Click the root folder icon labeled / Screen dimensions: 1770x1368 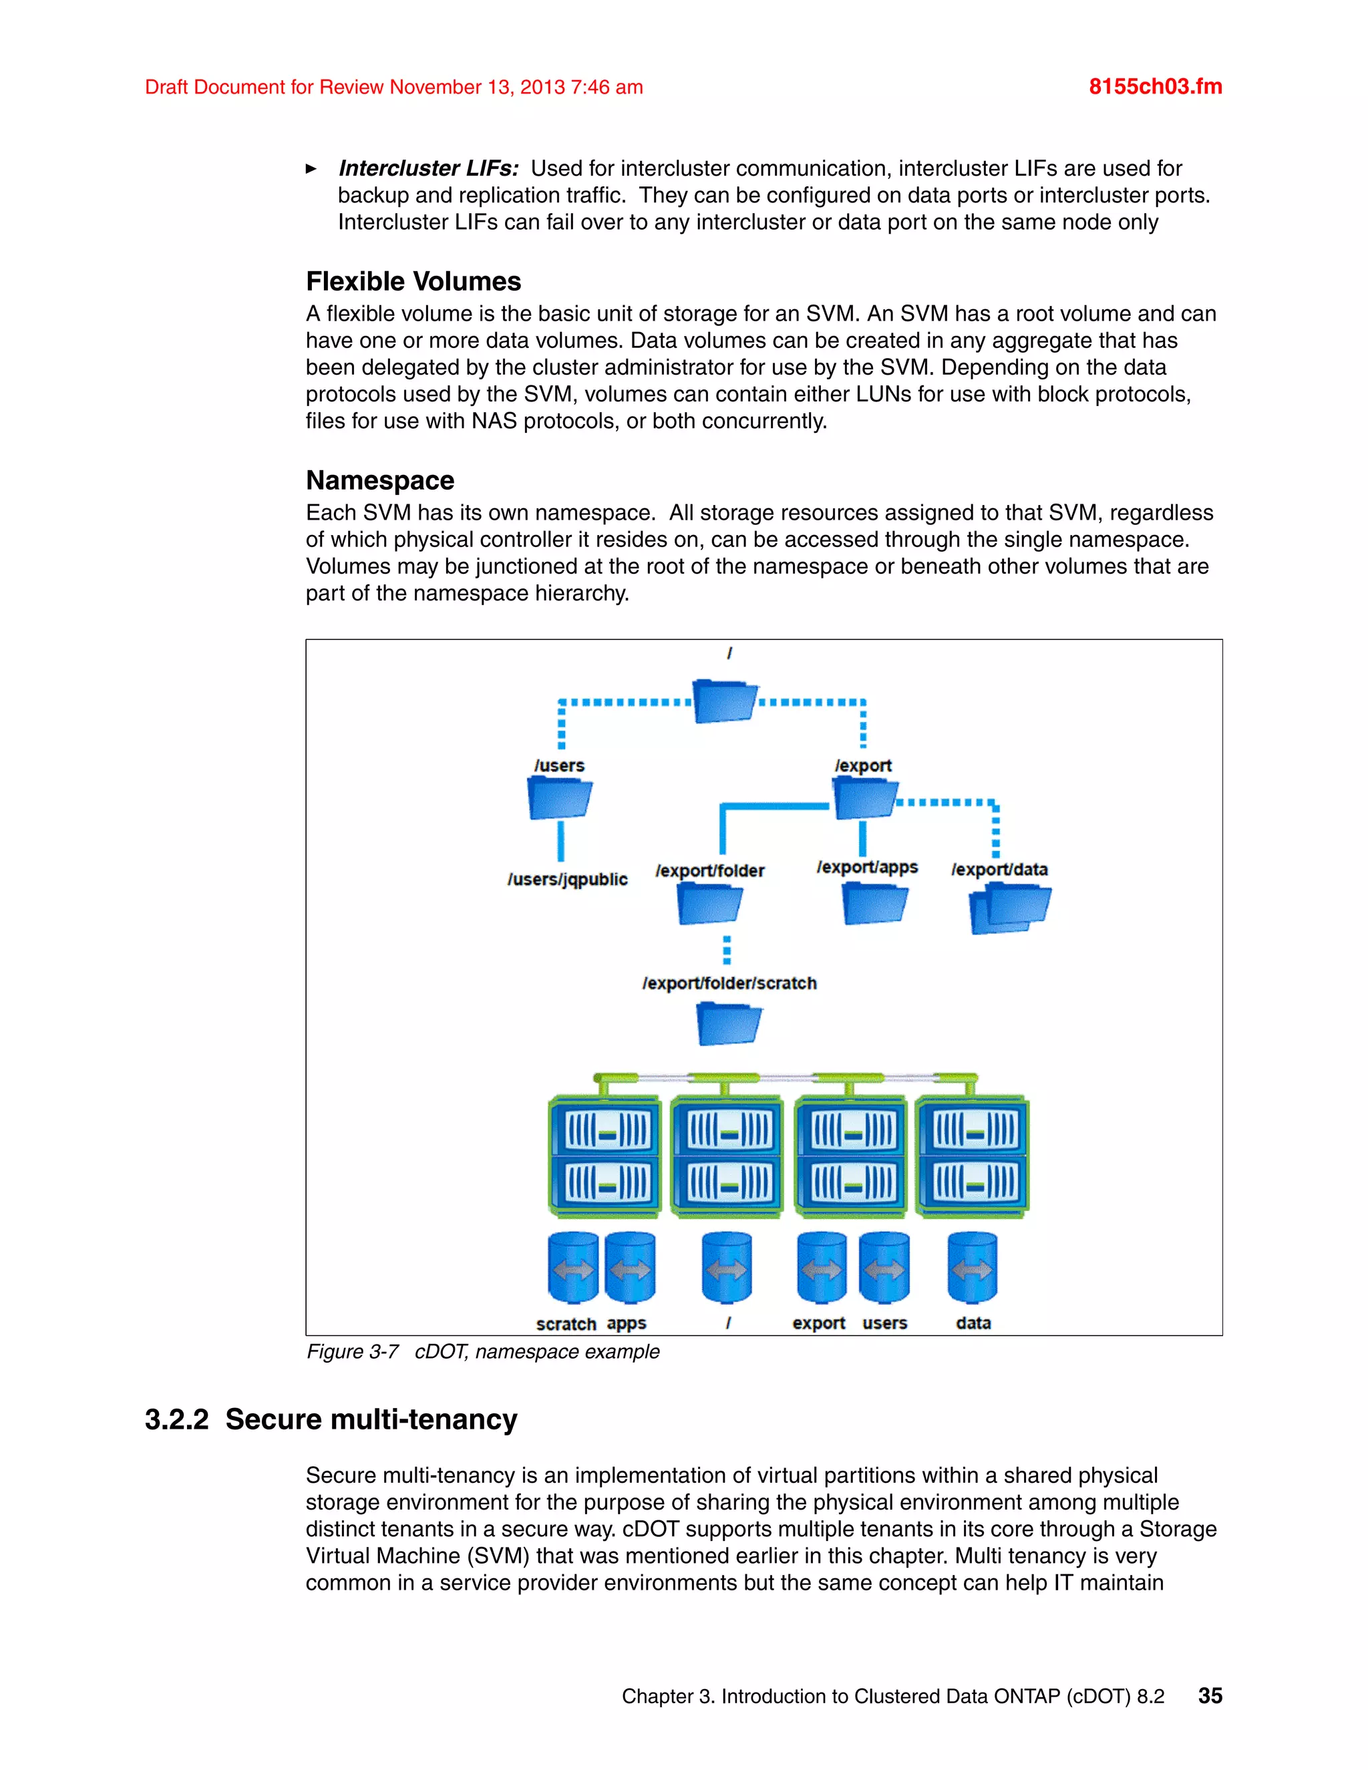tap(723, 702)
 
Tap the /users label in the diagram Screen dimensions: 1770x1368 tap(559, 765)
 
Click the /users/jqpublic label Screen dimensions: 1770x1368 tap(567, 880)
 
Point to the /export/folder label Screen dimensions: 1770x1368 tap(710, 870)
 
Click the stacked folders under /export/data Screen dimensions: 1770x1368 tap(1009, 908)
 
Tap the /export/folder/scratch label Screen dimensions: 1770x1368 tap(729, 983)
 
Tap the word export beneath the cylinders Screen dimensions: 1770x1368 tap(818, 1322)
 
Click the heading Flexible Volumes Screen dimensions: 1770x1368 tap(413, 281)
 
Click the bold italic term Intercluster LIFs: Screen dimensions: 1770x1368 tap(429, 168)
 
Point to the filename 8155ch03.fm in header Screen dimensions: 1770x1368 tap(1155, 87)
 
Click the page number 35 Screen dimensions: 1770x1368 tap(1210, 1695)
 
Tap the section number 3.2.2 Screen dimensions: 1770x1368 tap(176, 1420)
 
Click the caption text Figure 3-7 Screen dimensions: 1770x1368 tap(353, 1352)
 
